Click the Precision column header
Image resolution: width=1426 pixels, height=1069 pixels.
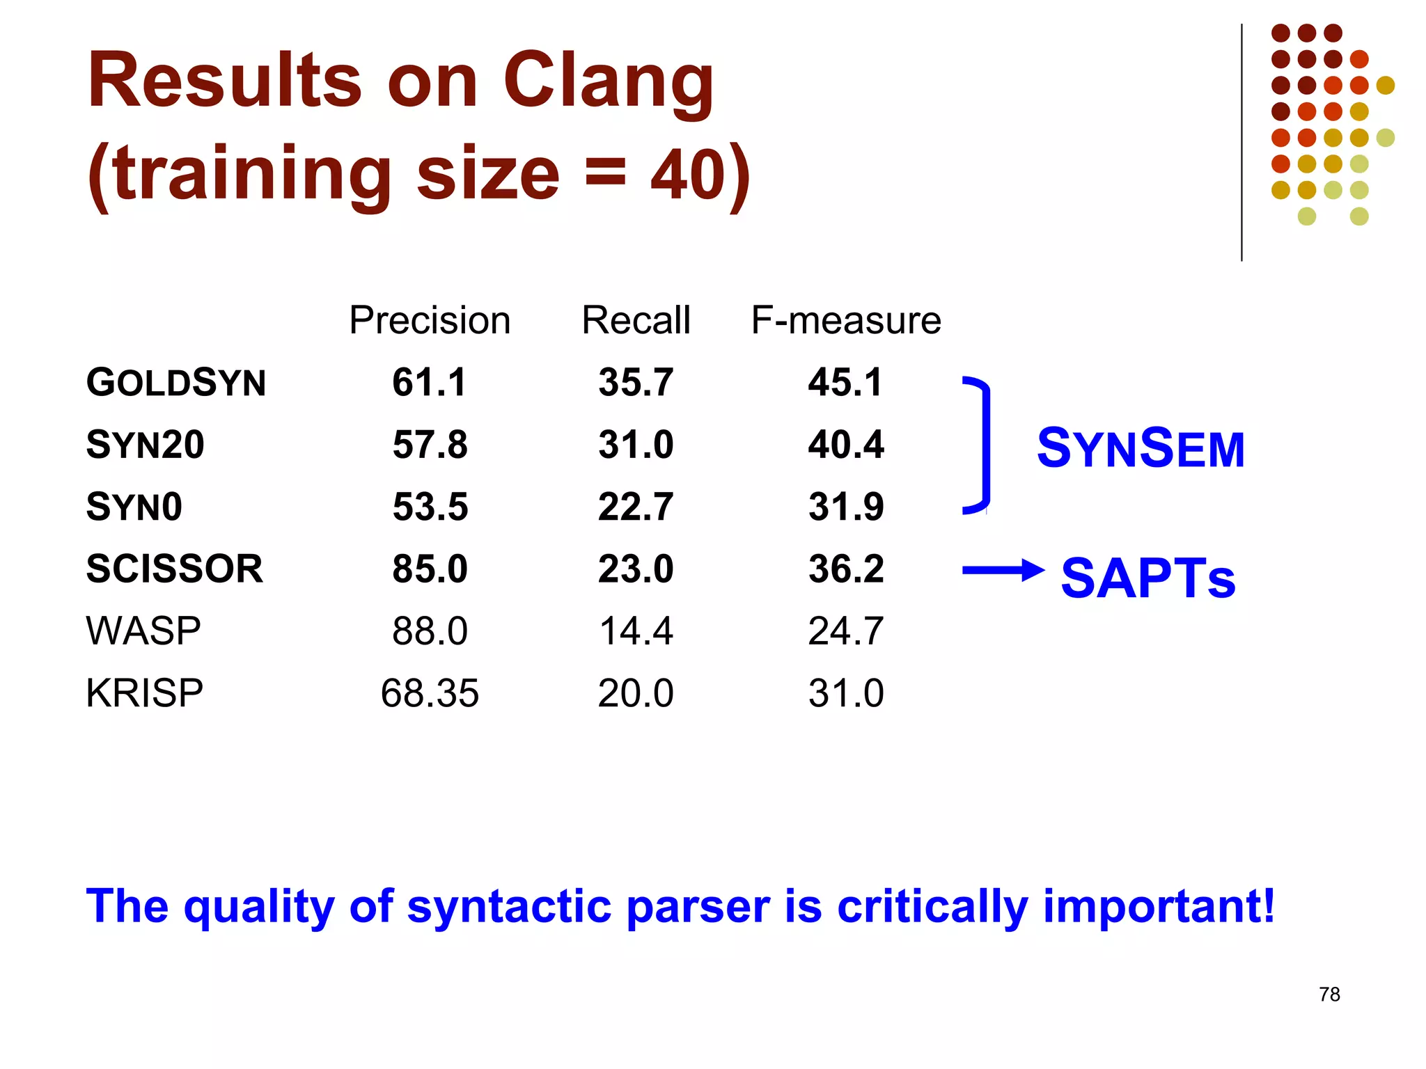click(430, 321)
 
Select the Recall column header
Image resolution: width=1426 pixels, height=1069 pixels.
click(636, 321)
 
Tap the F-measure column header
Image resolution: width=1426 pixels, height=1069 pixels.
click(846, 321)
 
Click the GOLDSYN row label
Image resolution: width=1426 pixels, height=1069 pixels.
click(175, 383)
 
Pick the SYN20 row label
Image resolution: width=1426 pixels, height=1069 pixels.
click(145, 445)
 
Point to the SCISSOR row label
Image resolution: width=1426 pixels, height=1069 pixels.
click(175, 569)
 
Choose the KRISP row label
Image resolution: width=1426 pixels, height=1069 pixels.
click(144, 693)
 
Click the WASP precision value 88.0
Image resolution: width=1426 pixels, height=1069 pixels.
click(430, 631)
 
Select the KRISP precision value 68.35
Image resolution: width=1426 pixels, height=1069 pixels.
click(430, 693)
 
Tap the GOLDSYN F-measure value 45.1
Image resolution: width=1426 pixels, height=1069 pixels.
click(845, 383)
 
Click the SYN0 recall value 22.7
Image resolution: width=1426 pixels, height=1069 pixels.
click(636, 507)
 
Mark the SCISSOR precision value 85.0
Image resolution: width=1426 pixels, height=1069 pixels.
click(430, 569)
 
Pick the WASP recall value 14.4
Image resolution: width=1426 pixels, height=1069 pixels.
click(636, 631)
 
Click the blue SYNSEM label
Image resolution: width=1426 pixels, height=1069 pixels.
click(1141, 448)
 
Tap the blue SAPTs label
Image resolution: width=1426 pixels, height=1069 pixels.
click(1147, 578)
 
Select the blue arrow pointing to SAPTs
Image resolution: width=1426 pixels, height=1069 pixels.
click(1003, 571)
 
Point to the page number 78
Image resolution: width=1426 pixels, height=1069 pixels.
click(1329, 995)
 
